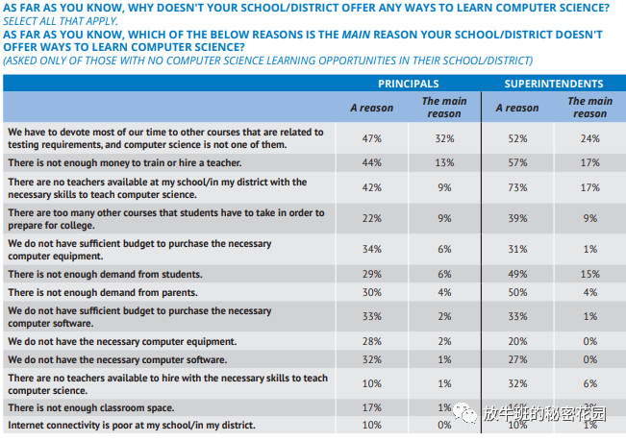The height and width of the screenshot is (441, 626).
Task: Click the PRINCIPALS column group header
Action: click(408, 84)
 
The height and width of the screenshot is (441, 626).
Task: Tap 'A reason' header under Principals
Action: click(371, 108)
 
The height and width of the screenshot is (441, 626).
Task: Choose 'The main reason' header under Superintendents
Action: click(589, 107)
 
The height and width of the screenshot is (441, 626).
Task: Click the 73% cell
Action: click(517, 187)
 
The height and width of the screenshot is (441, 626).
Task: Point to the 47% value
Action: click(371, 138)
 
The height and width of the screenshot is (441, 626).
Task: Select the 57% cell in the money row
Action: click(517, 162)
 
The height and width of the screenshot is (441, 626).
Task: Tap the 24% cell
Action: click(590, 138)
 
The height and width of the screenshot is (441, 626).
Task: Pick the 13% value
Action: click(444, 162)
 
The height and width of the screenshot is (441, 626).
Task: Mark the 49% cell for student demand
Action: click(517, 275)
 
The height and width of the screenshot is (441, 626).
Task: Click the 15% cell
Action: click(590, 275)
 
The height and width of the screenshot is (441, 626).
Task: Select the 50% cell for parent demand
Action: click(517, 292)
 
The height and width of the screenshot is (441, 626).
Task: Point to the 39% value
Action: click(517, 219)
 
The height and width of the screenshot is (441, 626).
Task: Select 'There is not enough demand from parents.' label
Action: click(102, 292)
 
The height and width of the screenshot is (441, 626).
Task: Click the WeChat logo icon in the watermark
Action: click(466, 414)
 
